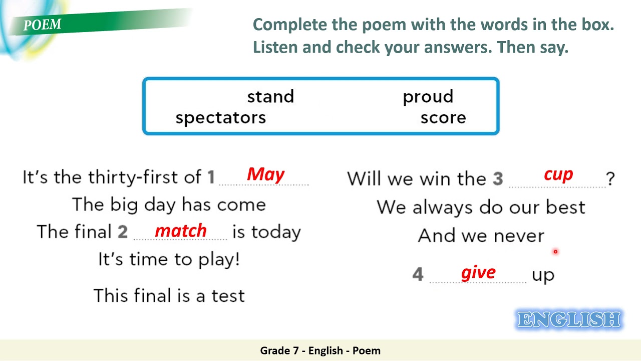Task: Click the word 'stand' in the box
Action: click(270, 97)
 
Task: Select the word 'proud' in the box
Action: click(428, 97)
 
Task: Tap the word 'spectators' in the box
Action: click(220, 118)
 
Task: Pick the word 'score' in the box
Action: click(443, 118)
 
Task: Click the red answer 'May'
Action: click(265, 174)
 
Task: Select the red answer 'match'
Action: click(181, 231)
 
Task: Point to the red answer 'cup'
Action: click(558, 174)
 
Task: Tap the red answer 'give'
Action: click(478, 272)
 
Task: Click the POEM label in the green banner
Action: click(43, 25)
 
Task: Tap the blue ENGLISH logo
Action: click(568, 319)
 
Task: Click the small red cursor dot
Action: click(555, 252)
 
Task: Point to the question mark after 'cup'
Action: click(610, 179)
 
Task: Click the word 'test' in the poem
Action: click(228, 296)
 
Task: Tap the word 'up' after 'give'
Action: click(543, 275)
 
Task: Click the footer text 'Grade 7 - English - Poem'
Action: click(320, 350)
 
